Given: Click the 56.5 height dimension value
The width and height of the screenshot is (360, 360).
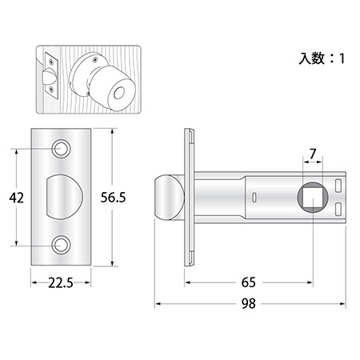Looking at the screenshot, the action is [x=113, y=198].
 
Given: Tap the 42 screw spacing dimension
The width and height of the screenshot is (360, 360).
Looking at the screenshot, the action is [x=17, y=198].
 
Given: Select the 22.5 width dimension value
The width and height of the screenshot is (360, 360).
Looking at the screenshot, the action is [x=61, y=283].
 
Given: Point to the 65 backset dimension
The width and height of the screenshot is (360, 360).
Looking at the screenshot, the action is [x=248, y=282].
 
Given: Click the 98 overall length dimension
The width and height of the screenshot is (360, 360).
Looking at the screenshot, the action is [x=248, y=303].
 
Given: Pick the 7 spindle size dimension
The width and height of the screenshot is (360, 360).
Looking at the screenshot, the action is [x=313, y=154].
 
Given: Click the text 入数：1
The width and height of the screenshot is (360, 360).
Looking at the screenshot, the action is [x=322, y=58].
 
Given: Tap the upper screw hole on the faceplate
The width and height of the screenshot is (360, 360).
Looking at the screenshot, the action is [x=61, y=149].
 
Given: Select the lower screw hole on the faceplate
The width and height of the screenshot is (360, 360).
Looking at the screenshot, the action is [x=61, y=245].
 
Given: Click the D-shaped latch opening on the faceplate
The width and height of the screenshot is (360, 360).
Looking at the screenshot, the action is [x=64, y=197].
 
